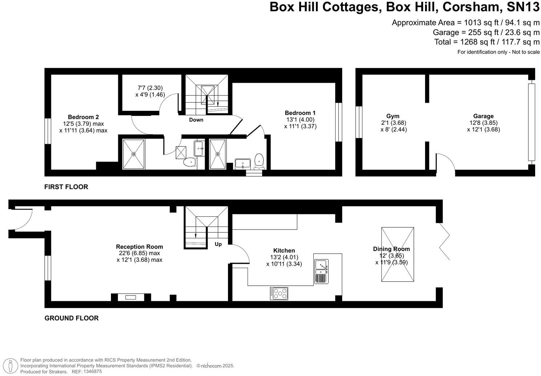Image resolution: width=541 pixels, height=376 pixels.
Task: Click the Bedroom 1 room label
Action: tap(300, 113)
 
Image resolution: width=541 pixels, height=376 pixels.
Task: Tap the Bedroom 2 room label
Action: tap(83, 117)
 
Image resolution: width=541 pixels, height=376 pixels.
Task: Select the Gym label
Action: tap(393, 116)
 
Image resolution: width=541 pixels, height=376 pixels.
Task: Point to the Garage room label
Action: tap(483, 116)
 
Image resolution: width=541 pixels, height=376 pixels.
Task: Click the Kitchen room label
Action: tap(284, 250)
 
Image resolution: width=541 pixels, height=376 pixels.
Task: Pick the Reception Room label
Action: tap(139, 247)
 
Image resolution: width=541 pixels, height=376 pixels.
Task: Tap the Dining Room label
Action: tap(391, 249)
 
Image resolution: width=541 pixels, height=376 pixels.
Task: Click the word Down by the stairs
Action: tap(196, 120)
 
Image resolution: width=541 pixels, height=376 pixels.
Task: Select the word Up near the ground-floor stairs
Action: tap(218, 244)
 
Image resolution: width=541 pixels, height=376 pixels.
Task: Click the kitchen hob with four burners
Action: tap(279, 293)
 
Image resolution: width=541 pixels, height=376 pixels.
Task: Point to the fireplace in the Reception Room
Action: tap(131, 297)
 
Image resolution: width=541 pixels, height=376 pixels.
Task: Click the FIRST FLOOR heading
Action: tap(66, 187)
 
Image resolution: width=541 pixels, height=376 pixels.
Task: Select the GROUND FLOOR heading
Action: tap(71, 318)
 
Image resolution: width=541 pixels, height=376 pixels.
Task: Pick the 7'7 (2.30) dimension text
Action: tap(150, 88)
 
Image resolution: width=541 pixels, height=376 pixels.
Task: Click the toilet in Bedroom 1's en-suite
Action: tap(259, 161)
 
